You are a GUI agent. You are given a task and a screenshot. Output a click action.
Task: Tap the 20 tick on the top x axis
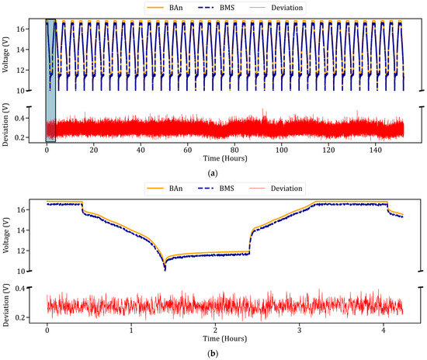click(x=94, y=152)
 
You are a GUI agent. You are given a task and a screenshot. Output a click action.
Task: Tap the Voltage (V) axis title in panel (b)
click(x=9, y=236)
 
